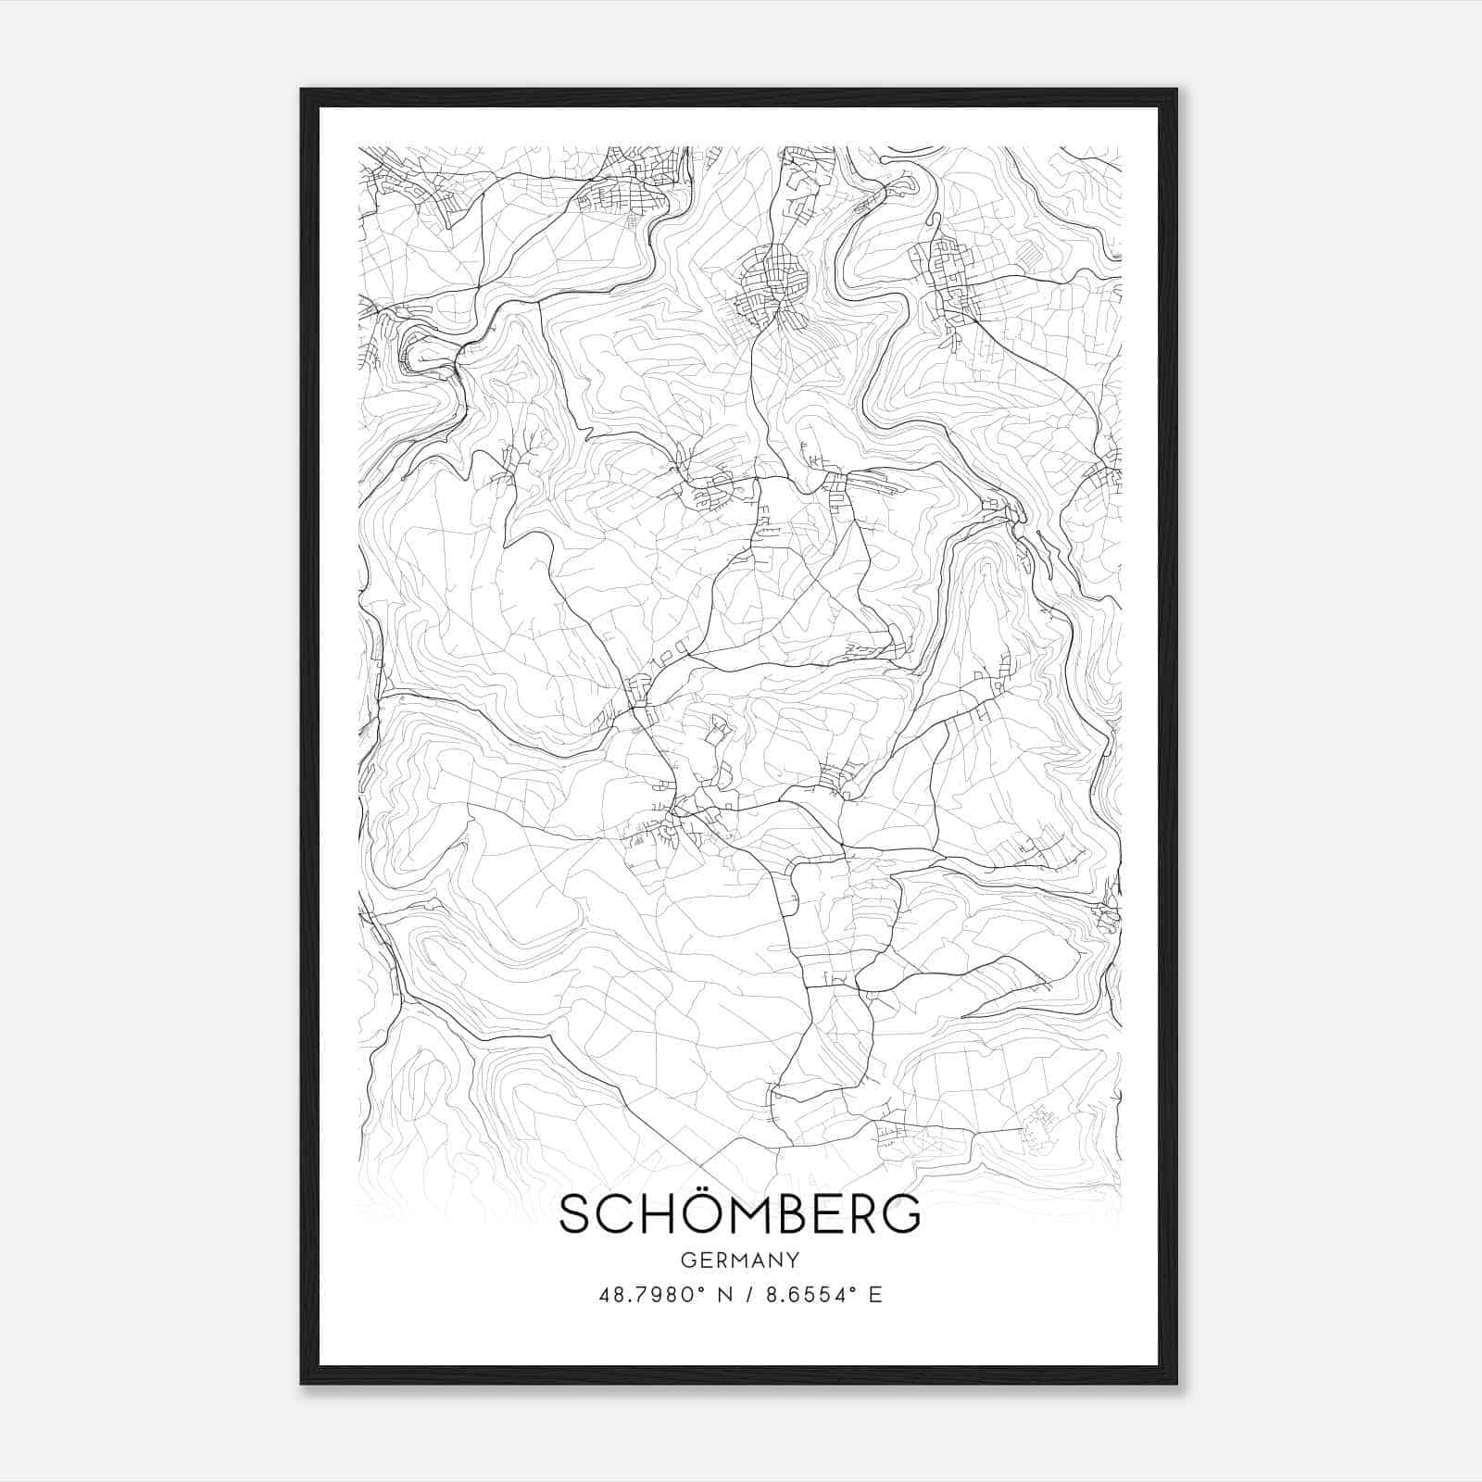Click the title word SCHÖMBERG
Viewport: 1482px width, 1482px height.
pos(740,1214)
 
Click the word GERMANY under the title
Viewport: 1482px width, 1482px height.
pos(740,1260)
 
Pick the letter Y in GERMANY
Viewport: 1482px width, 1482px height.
pos(793,1260)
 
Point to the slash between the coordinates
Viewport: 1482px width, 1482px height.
pos(747,1294)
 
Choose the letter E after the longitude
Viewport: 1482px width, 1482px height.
pos(875,1294)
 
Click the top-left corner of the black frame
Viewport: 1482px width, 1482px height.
pos(302,90)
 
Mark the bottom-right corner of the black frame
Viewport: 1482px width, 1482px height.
pos(1176,1383)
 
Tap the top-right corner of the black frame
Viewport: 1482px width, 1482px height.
pos(1176,90)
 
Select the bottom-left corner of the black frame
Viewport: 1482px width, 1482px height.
pos(302,1383)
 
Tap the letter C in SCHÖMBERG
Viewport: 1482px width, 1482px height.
pos(612,1215)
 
